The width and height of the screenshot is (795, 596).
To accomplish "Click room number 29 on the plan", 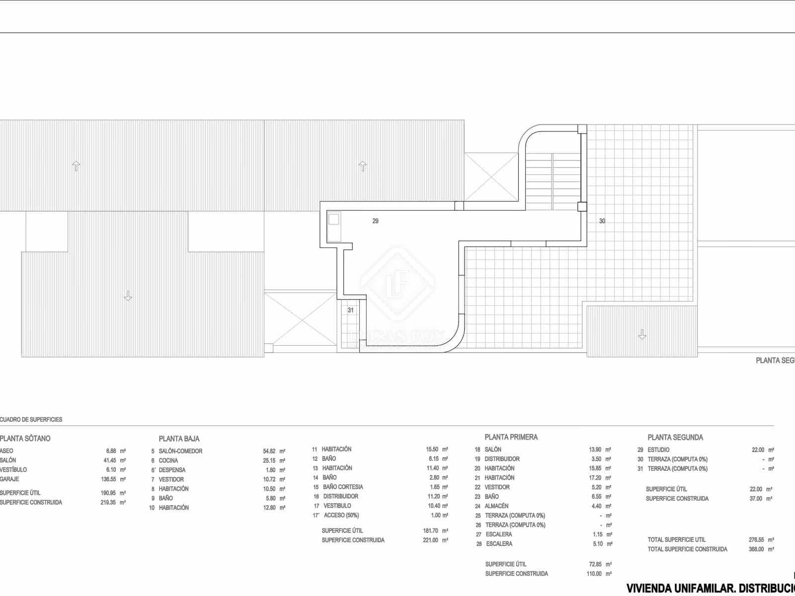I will [x=375, y=221].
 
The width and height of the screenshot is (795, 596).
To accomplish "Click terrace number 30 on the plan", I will [x=602, y=221].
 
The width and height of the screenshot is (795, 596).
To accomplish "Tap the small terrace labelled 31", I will [x=351, y=310].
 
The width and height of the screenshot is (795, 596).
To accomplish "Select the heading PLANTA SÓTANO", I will [x=25, y=439].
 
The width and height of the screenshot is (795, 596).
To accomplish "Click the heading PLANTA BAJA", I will [x=179, y=439].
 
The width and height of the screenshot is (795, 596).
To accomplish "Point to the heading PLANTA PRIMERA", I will [x=511, y=437].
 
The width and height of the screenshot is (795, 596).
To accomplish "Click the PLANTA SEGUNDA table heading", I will [x=675, y=438].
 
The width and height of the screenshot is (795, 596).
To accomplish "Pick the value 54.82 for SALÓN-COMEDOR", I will [x=269, y=451].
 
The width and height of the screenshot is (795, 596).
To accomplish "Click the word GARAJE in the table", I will [x=10, y=479].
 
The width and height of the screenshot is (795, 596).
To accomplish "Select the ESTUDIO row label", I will [x=658, y=449].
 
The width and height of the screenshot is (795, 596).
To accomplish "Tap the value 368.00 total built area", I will [x=756, y=549].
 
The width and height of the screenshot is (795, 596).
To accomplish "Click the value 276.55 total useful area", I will [x=756, y=539].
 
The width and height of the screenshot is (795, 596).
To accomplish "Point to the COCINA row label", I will [x=168, y=460].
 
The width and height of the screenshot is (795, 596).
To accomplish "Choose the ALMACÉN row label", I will [x=496, y=506].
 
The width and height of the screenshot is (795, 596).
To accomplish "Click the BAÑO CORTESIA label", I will [x=343, y=487].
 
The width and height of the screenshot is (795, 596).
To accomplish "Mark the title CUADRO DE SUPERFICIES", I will [x=31, y=420].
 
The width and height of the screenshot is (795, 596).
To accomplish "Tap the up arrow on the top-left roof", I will [x=76, y=166].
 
